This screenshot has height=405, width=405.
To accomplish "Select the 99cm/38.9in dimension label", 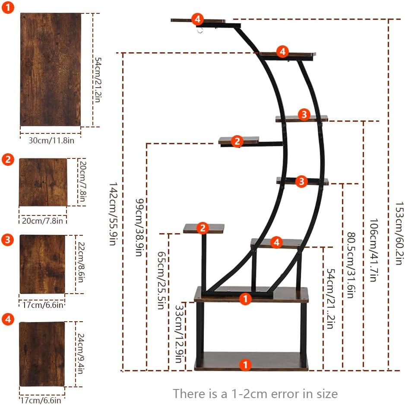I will click(x=139, y=228).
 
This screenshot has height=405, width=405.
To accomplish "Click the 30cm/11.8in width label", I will click(x=50, y=140).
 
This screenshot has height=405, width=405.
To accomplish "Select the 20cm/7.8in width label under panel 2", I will click(x=42, y=221).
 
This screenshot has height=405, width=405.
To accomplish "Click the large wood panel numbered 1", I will click(x=50, y=69).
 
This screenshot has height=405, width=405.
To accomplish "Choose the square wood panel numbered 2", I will click(x=43, y=182).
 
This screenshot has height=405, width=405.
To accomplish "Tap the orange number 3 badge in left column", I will click(x=8, y=240).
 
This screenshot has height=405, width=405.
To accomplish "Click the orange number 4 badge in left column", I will click(x=8, y=320).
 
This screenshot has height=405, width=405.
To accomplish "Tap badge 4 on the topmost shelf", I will click(x=197, y=19).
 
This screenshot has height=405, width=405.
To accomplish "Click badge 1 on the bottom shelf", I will click(x=245, y=365).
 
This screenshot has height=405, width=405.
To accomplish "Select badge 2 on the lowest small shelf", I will click(x=203, y=228).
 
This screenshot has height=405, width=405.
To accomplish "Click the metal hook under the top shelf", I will click(x=199, y=30).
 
